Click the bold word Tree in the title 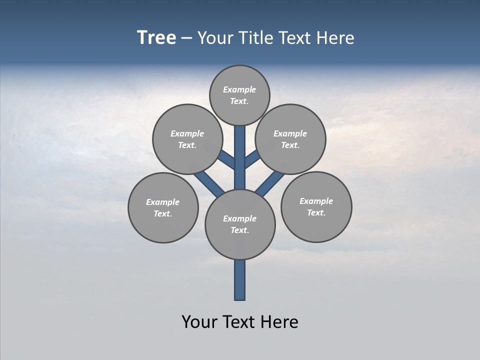pos(156,37)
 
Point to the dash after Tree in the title pos(187,38)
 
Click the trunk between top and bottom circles pos(240,157)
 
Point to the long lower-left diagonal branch pos(209,184)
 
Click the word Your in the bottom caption pos(198,322)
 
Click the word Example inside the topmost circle pos(239,89)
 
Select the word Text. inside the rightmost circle pos(316,212)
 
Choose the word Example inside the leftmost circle pos(163,202)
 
